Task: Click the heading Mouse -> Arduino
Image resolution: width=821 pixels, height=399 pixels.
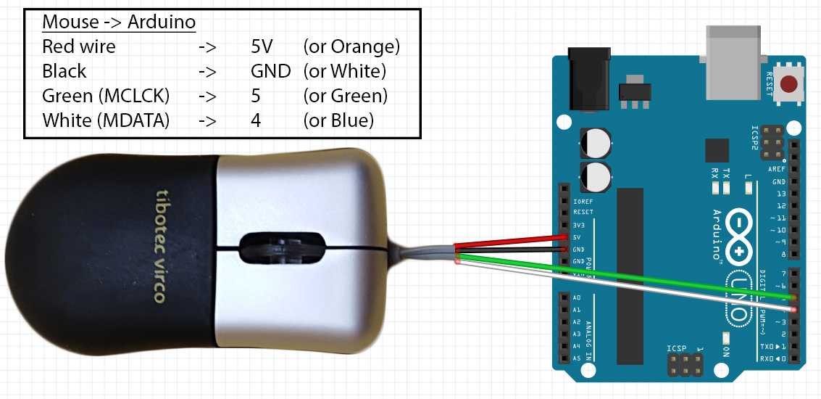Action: [119, 22]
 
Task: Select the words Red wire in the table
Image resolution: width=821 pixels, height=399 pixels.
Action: [78, 47]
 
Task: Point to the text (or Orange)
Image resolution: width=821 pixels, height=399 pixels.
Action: [351, 47]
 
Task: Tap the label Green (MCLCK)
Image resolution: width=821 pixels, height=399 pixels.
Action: [106, 96]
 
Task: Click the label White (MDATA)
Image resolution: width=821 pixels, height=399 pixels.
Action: [106, 120]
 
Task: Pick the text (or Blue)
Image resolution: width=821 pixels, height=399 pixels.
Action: [338, 120]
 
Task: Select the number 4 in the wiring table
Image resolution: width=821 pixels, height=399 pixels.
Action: [255, 120]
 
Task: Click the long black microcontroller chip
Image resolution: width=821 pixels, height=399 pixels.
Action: [630, 276]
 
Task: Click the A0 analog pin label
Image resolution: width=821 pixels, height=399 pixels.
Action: [577, 298]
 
